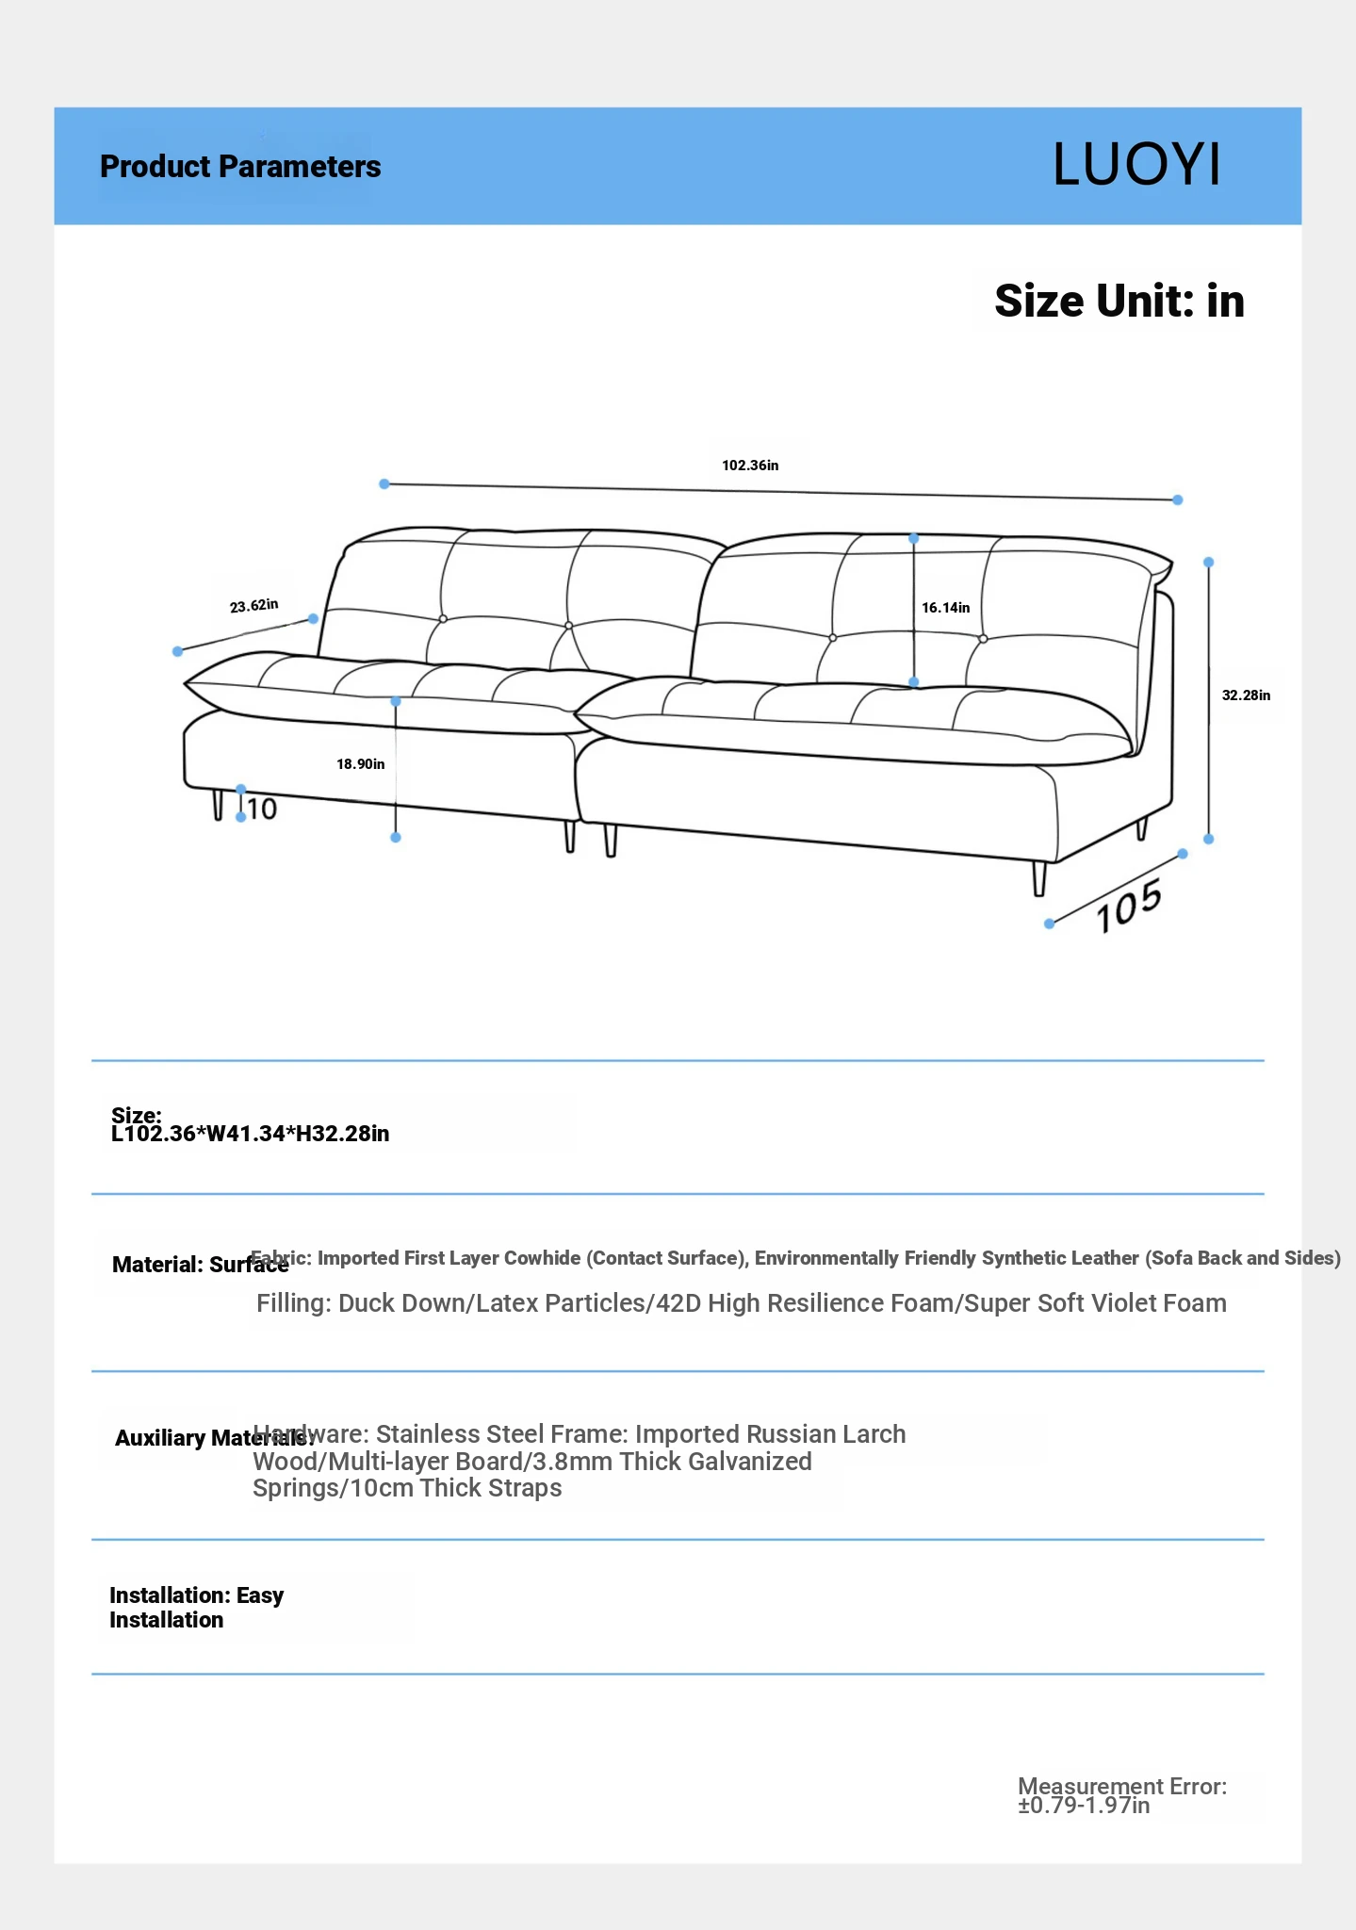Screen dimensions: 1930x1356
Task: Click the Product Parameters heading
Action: click(x=240, y=167)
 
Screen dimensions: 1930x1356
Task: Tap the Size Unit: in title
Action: click(x=1119, y=302)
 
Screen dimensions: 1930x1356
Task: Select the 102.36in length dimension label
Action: click(x=750, y=466)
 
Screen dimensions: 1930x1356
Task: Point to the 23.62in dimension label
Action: click(x=253, y=605)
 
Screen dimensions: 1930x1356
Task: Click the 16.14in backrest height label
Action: click(x=945, y=608)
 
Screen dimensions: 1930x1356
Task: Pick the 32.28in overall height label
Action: click(x=1246, y=695)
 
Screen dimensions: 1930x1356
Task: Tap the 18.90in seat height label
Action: click(x=361, y=764)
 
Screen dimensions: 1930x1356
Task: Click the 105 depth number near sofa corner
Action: click(x=1128, y=906)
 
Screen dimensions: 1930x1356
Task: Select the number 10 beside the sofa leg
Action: click(x=262, y=810)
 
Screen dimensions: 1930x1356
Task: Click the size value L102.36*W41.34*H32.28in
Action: click(x=250, y=1134)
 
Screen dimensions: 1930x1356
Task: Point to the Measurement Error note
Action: click(x=1121, y=1795)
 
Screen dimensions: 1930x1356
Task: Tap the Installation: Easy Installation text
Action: click(x=196, y=1608)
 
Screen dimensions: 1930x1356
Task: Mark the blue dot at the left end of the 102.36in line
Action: click(x=384, y=484)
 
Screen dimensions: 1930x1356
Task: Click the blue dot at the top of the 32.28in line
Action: click(x=1209, y=563)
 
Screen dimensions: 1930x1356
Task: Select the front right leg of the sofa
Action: click(x=1039, y=878)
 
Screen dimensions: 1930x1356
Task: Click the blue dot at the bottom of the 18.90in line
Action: click(x=396, y=838)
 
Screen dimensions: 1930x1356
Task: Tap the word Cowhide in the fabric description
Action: click(x=544, y=1258)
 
